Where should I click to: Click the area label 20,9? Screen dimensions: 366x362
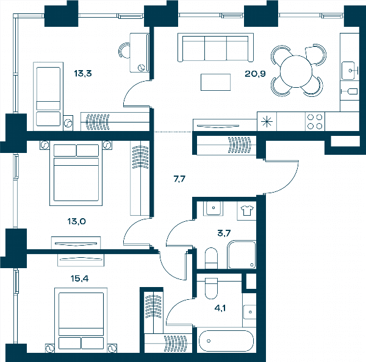pos(255,74)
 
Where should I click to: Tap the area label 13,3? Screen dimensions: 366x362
pos(83,74)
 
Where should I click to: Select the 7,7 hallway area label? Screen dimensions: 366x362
pos(179,179)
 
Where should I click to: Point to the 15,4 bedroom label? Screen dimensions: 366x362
pos(79,279)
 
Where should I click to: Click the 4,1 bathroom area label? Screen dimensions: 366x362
pos(220,308)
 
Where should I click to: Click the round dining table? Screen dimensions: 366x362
pos(296,71)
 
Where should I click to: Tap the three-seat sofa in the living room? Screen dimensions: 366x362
pos(215,48)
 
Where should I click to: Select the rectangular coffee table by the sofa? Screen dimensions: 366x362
pos(216,82)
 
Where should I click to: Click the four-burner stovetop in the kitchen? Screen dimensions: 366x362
pos(315,121)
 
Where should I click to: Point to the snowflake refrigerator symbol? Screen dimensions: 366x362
pos(267,121)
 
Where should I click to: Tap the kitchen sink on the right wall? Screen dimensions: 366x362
pos(349,71)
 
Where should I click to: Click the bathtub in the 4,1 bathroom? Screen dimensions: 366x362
pos(226,341)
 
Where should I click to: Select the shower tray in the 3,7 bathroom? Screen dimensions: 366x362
pos(242,255)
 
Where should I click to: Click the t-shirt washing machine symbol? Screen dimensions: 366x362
pos(246,210)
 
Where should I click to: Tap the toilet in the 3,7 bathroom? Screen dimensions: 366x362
pos(211,258)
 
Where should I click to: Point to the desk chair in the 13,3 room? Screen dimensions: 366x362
pos(124,50)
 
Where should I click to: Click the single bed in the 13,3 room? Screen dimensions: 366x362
pos(48,96)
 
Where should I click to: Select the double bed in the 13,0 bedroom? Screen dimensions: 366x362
pos(76,173)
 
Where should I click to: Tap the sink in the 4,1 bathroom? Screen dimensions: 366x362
pos(249,312)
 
